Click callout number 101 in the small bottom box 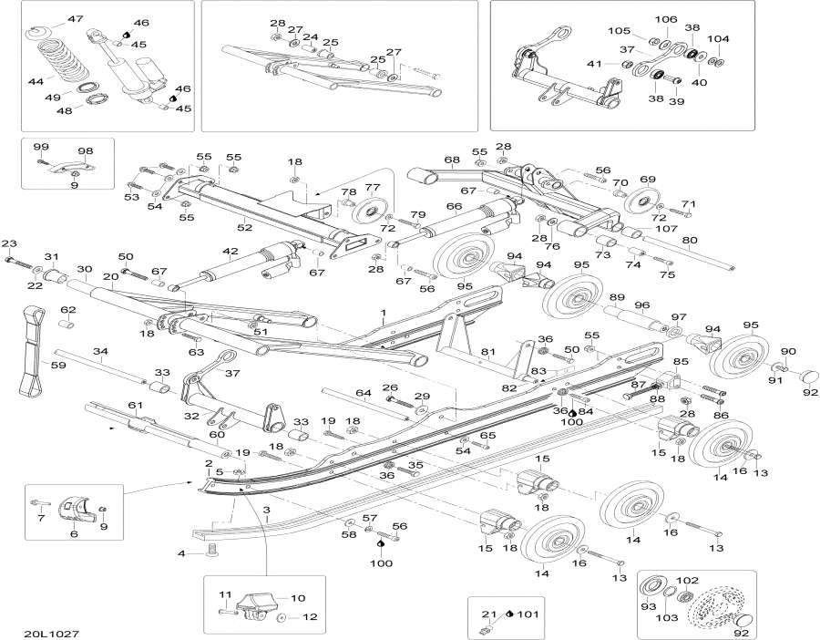coord(528,614)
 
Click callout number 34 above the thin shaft coord(100,351)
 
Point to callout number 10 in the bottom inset coord(298,598)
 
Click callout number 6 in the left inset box coord(74,535)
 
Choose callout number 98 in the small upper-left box coord(86,151)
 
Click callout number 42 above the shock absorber coord(230,251)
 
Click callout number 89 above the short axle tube coord(617,298)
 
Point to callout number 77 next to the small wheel coord(372,188)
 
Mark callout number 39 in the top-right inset coord(676,102)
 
